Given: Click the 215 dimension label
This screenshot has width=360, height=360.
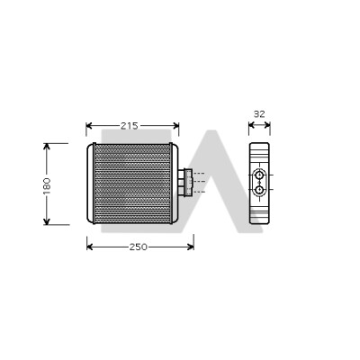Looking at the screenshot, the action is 130,126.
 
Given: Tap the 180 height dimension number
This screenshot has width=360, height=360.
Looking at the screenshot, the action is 47,185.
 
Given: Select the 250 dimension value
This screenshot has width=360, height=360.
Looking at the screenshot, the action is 139,247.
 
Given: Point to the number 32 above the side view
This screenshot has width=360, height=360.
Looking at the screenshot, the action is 259,114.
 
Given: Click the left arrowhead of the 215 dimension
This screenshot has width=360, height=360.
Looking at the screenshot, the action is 89,125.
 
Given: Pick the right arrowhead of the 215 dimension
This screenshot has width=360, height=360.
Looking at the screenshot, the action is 176,125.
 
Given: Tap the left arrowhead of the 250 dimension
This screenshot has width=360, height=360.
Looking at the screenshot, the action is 90,247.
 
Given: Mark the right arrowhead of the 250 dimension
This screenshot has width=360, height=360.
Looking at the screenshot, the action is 191,247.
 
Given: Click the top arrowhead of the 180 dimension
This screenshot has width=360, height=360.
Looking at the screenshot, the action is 47,147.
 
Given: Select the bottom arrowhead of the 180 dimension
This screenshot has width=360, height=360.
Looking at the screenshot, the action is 47,221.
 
